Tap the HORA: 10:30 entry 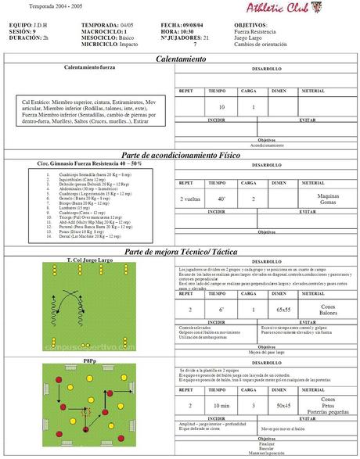pos(178,31)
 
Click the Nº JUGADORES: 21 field pos(184,38)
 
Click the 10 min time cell pos(221,406)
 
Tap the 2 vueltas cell pos(189,199)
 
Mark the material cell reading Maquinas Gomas pos(328,199)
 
